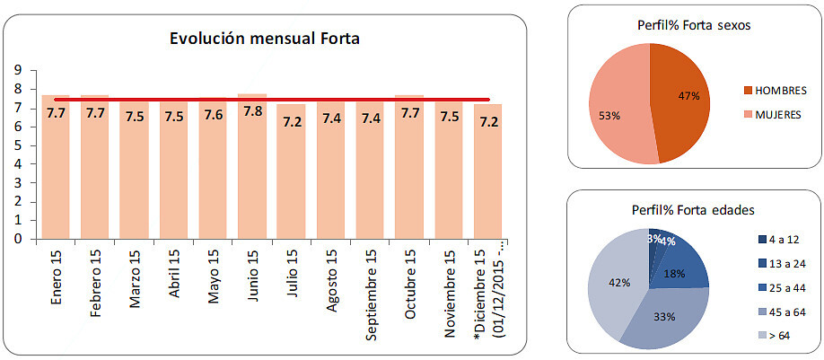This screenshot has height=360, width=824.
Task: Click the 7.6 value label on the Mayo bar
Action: click(x=213, y=115)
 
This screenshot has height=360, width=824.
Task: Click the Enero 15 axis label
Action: click(x=57, y=277)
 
